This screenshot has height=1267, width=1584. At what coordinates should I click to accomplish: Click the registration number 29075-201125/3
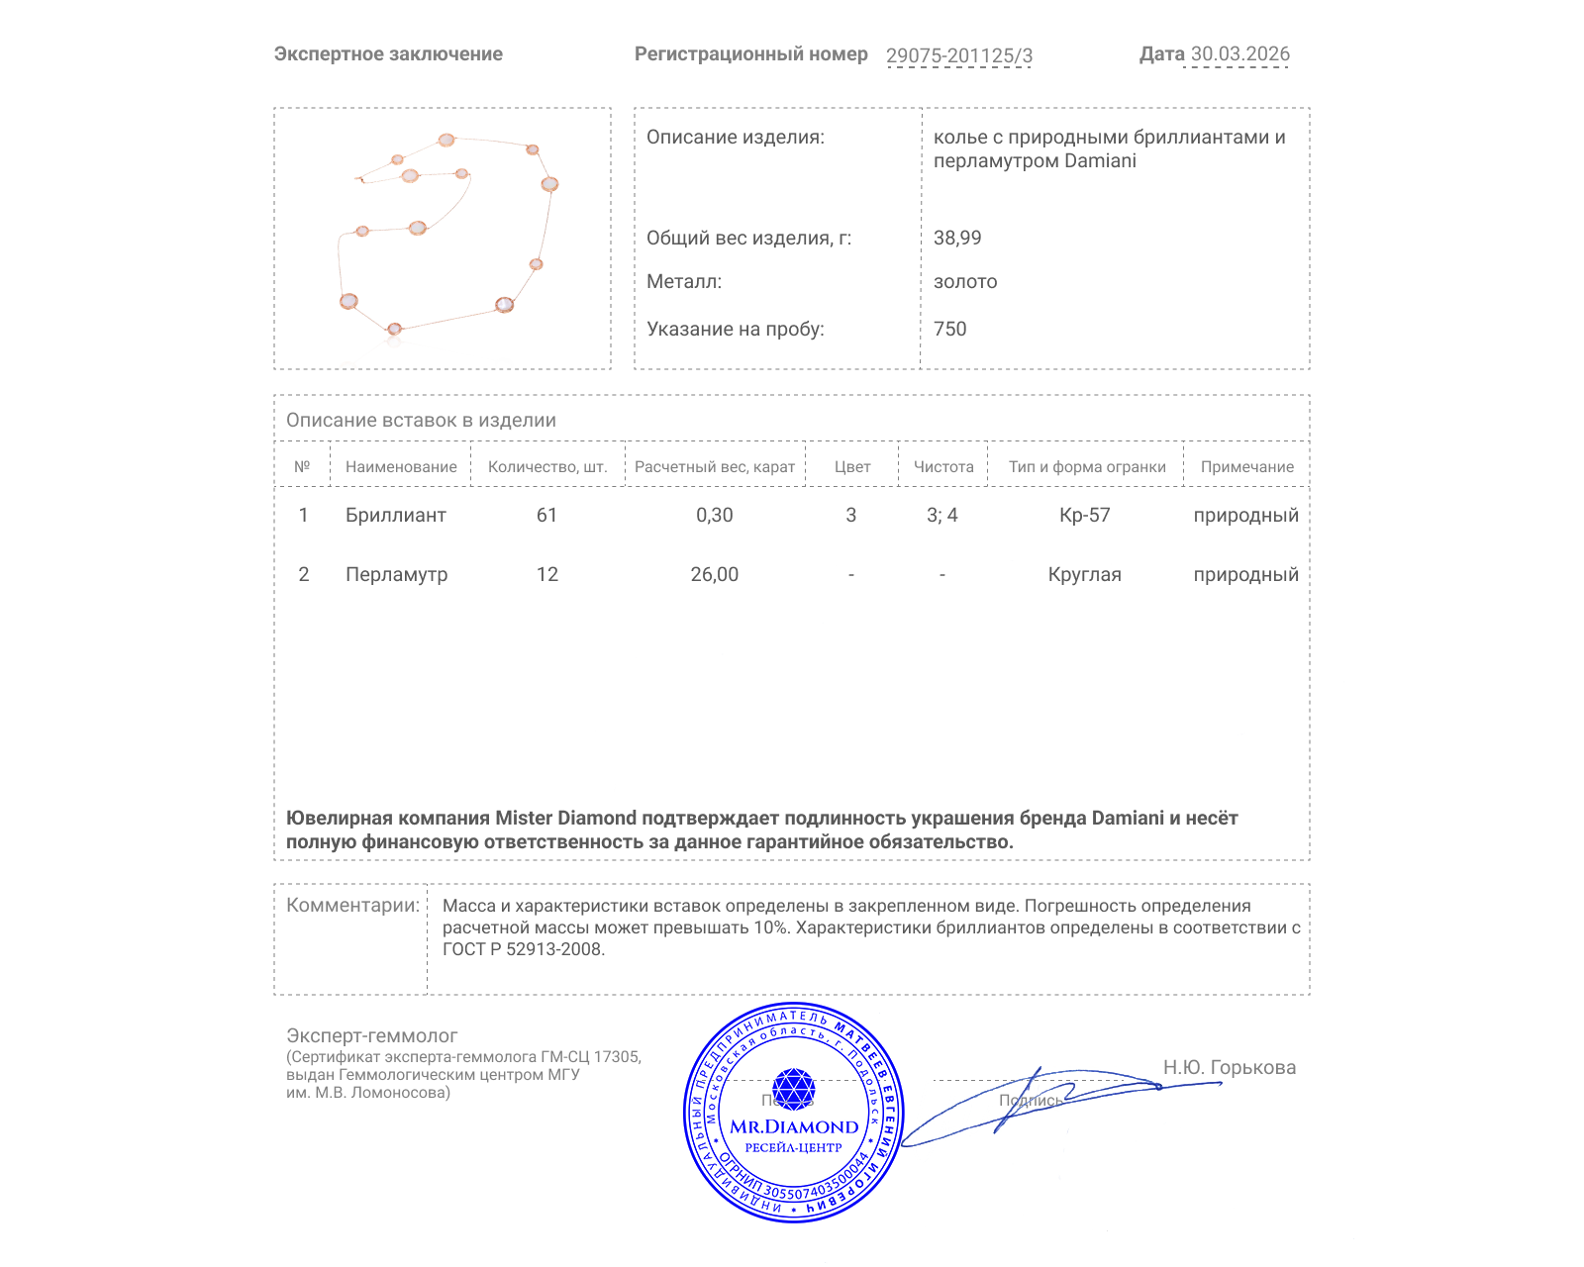tap(958, 55)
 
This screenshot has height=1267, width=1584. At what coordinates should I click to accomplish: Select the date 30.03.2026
tap(1239, 54)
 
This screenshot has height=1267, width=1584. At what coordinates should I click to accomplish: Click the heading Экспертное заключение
tap(388, 54)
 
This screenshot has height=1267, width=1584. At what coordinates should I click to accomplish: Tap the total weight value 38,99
tap(957, 238)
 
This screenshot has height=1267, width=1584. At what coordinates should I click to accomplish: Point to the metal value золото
tap(965, 282)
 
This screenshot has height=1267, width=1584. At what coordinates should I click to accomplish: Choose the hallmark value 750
tap(949, 329)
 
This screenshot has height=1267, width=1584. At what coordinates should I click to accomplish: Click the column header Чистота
tap(943, 467)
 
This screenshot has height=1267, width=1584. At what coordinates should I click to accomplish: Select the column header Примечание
tap(1246, 467)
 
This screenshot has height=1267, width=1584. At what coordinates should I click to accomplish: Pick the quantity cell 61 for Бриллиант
tap(546, 516)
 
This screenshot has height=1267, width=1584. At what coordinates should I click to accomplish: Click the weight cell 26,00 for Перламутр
tap(714, 575)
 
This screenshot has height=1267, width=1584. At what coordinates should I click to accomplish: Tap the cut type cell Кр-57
tap(1084, 516)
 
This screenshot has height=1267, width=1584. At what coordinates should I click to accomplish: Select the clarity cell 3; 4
tap(941, 516)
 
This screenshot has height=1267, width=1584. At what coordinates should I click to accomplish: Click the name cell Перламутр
tap(396, 575)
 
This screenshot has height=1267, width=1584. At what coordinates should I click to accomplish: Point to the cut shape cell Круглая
tap(1084, 575)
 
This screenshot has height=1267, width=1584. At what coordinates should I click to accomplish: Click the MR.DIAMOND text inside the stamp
tap(794, 1127)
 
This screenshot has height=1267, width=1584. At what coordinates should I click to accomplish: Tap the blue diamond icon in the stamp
tap(793, 1089)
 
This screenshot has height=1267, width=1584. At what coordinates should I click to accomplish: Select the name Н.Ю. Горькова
tap(1229, 1068)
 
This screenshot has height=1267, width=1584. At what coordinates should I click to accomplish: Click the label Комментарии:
tap(352, 906)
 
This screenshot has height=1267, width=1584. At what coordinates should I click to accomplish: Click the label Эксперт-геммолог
tap(371, 1036)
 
